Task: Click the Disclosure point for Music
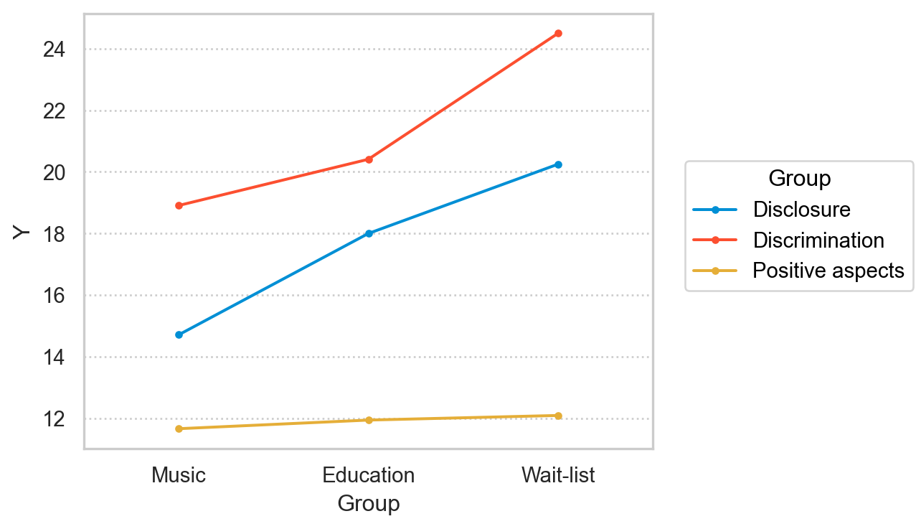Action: point(179,334)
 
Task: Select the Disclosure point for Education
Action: point(369,233)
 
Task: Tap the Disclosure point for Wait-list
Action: point(558,164)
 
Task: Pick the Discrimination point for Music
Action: point(179,205)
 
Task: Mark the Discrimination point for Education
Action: point(369,159)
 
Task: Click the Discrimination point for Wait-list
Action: point(558,33)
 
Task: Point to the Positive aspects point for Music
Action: point(179,429)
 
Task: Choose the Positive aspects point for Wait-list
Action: point(558,416)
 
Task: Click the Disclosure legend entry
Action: point(801,210)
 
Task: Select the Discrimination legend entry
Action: point(818,240)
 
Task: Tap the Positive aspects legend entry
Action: point(828,271)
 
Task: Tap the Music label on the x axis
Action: point(179,475)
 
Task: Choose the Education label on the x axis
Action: point(369,475)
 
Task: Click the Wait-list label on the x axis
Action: point(558,475)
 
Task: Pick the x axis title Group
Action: point(369,504)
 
